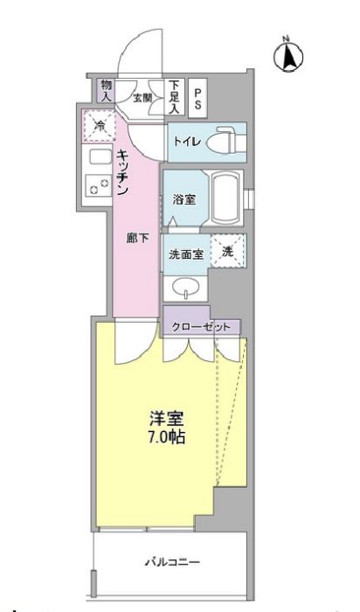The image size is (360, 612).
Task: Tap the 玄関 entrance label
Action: click(142, 98)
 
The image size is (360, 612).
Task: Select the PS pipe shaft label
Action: click(198, 96)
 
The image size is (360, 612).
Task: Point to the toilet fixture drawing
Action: click(225, 138)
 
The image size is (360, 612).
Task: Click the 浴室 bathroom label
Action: click(183, 199)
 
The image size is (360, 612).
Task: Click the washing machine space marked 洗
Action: click(226, 250)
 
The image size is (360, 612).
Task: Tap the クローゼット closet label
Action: click(202, 326)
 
